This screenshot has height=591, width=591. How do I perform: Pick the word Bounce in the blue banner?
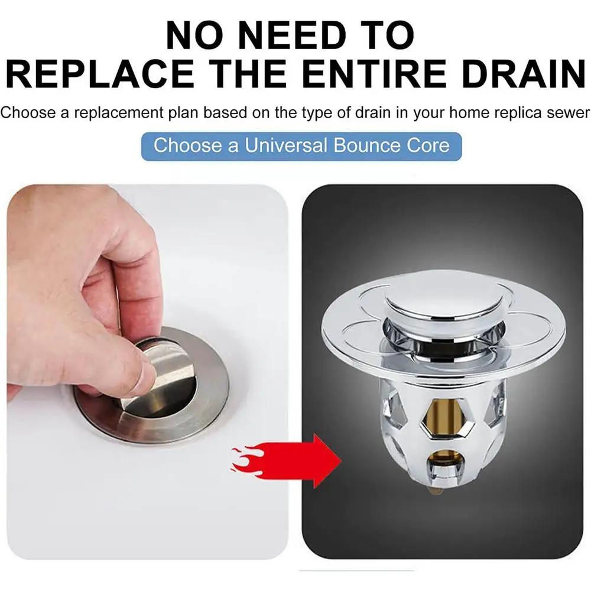pyautogui.click(x=363, y=145)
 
